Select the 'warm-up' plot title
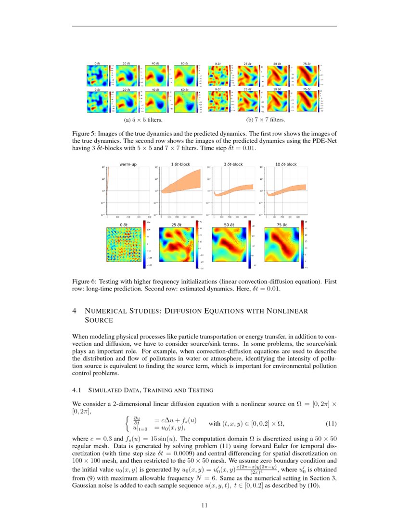click(128, 164)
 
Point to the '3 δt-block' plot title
click(233, 164)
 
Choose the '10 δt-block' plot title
click(286, 164)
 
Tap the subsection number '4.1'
click(77, 390)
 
